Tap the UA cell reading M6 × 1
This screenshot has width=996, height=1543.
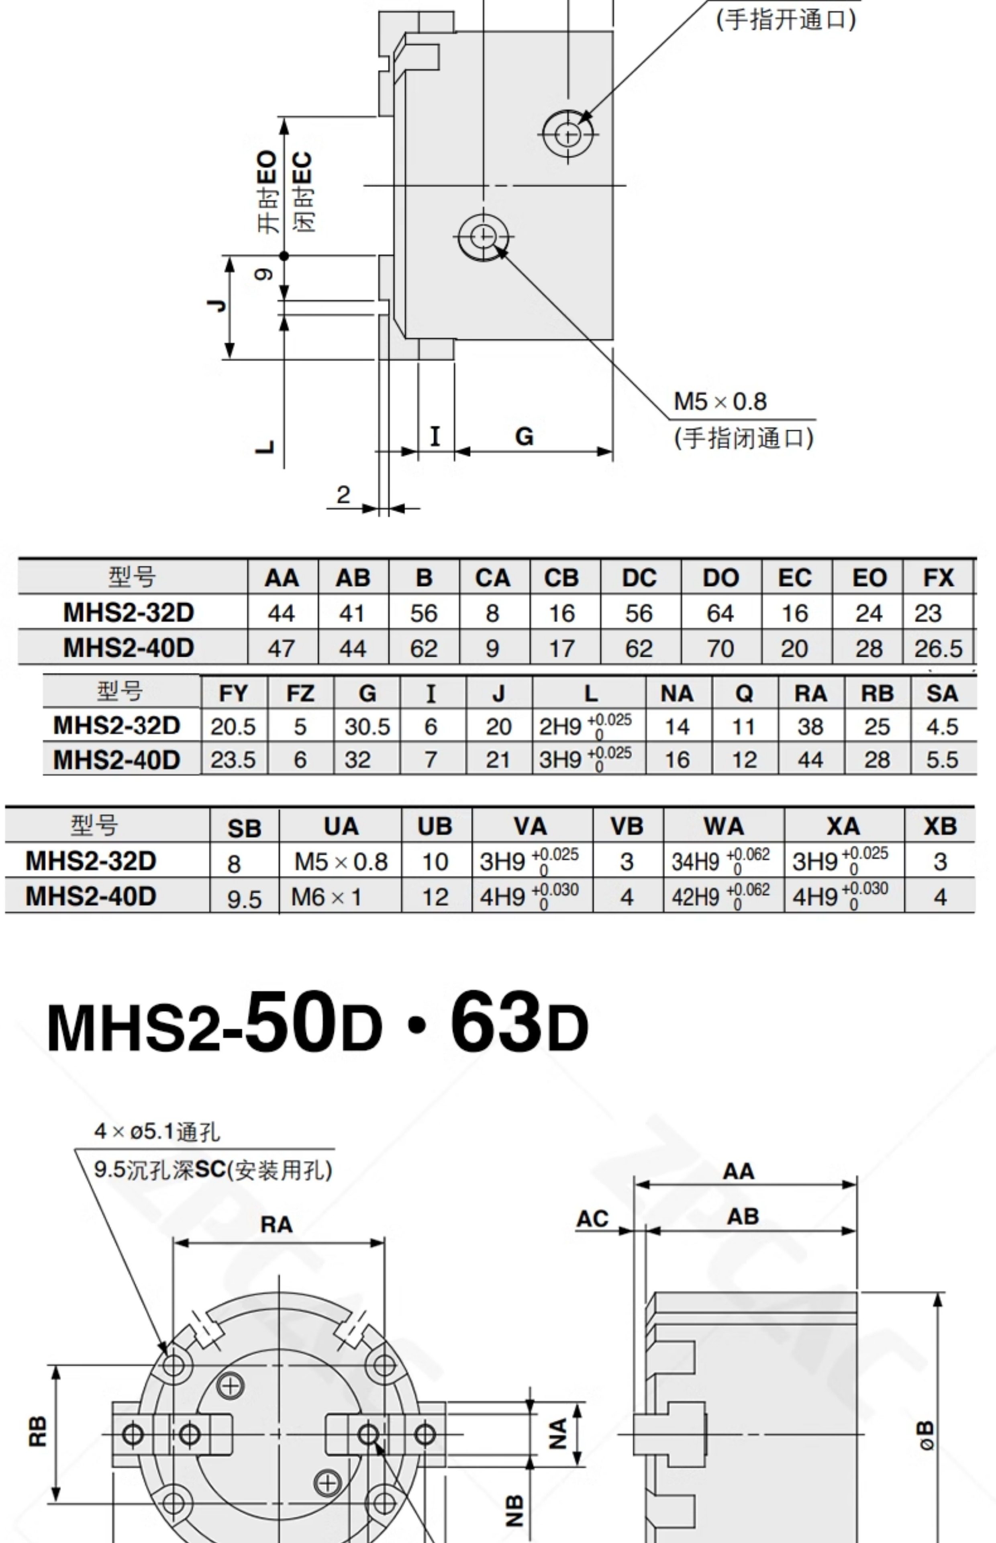(326, 897)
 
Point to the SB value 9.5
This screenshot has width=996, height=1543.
(245, 898)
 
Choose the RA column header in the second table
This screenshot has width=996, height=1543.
(810, 694)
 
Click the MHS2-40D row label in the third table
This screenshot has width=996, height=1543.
(91, 896)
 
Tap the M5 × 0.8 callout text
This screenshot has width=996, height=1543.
(720, 402)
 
